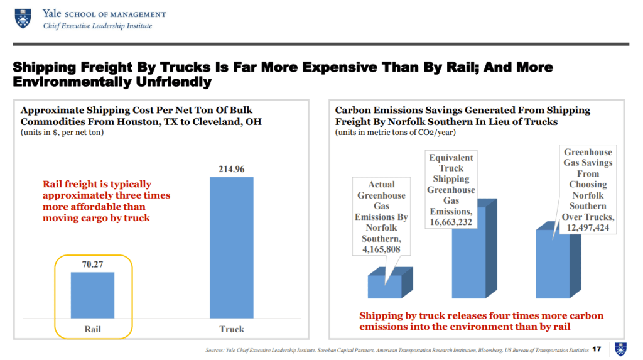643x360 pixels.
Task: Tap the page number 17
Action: coord(597,349)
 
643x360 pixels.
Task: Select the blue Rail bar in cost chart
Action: coord(92,295)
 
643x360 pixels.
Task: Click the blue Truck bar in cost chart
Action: coord(231,248)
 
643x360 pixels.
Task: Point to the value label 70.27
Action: coord(92,265)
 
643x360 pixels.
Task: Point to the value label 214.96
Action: coord(231,169)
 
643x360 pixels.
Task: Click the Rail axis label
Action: coord(92,329)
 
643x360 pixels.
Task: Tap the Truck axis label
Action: coord(231,329)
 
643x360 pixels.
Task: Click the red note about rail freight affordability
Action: coord(106,201)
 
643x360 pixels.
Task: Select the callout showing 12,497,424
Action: coord(588,189)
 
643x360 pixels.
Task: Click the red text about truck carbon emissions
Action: coord(481,321)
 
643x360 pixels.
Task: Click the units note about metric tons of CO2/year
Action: coord(396,133)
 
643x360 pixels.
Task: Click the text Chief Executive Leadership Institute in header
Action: coord(97,26)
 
